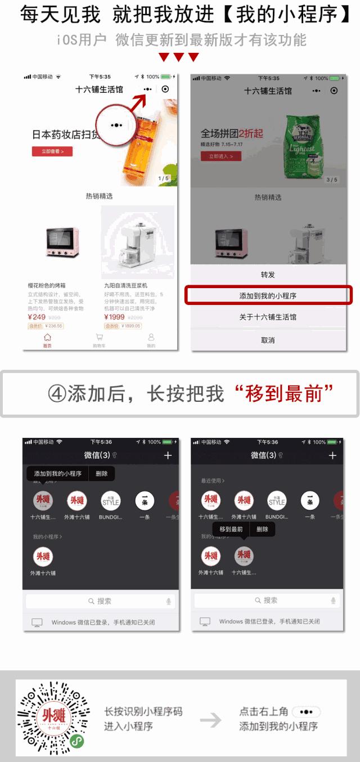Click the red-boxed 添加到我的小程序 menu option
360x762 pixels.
(268, 295)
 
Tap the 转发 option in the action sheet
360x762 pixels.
(268, 275)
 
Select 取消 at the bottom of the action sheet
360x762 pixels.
(268, 340)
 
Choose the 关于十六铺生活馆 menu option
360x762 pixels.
(268, 317)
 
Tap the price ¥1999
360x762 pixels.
(115, 317)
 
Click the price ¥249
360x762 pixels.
(37, 317)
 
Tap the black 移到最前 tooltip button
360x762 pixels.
(231, 529)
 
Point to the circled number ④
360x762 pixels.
(57, 394)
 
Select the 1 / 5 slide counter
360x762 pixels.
(164, 178)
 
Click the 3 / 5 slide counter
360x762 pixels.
(332, 180)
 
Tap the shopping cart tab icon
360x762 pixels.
(100, 338)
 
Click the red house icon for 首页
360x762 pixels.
(47, 338)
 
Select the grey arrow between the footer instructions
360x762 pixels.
(210, 720)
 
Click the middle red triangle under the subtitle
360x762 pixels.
(179, 57)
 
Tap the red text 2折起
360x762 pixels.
(250, 134)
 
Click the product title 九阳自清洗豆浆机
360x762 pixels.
(125, 286)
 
